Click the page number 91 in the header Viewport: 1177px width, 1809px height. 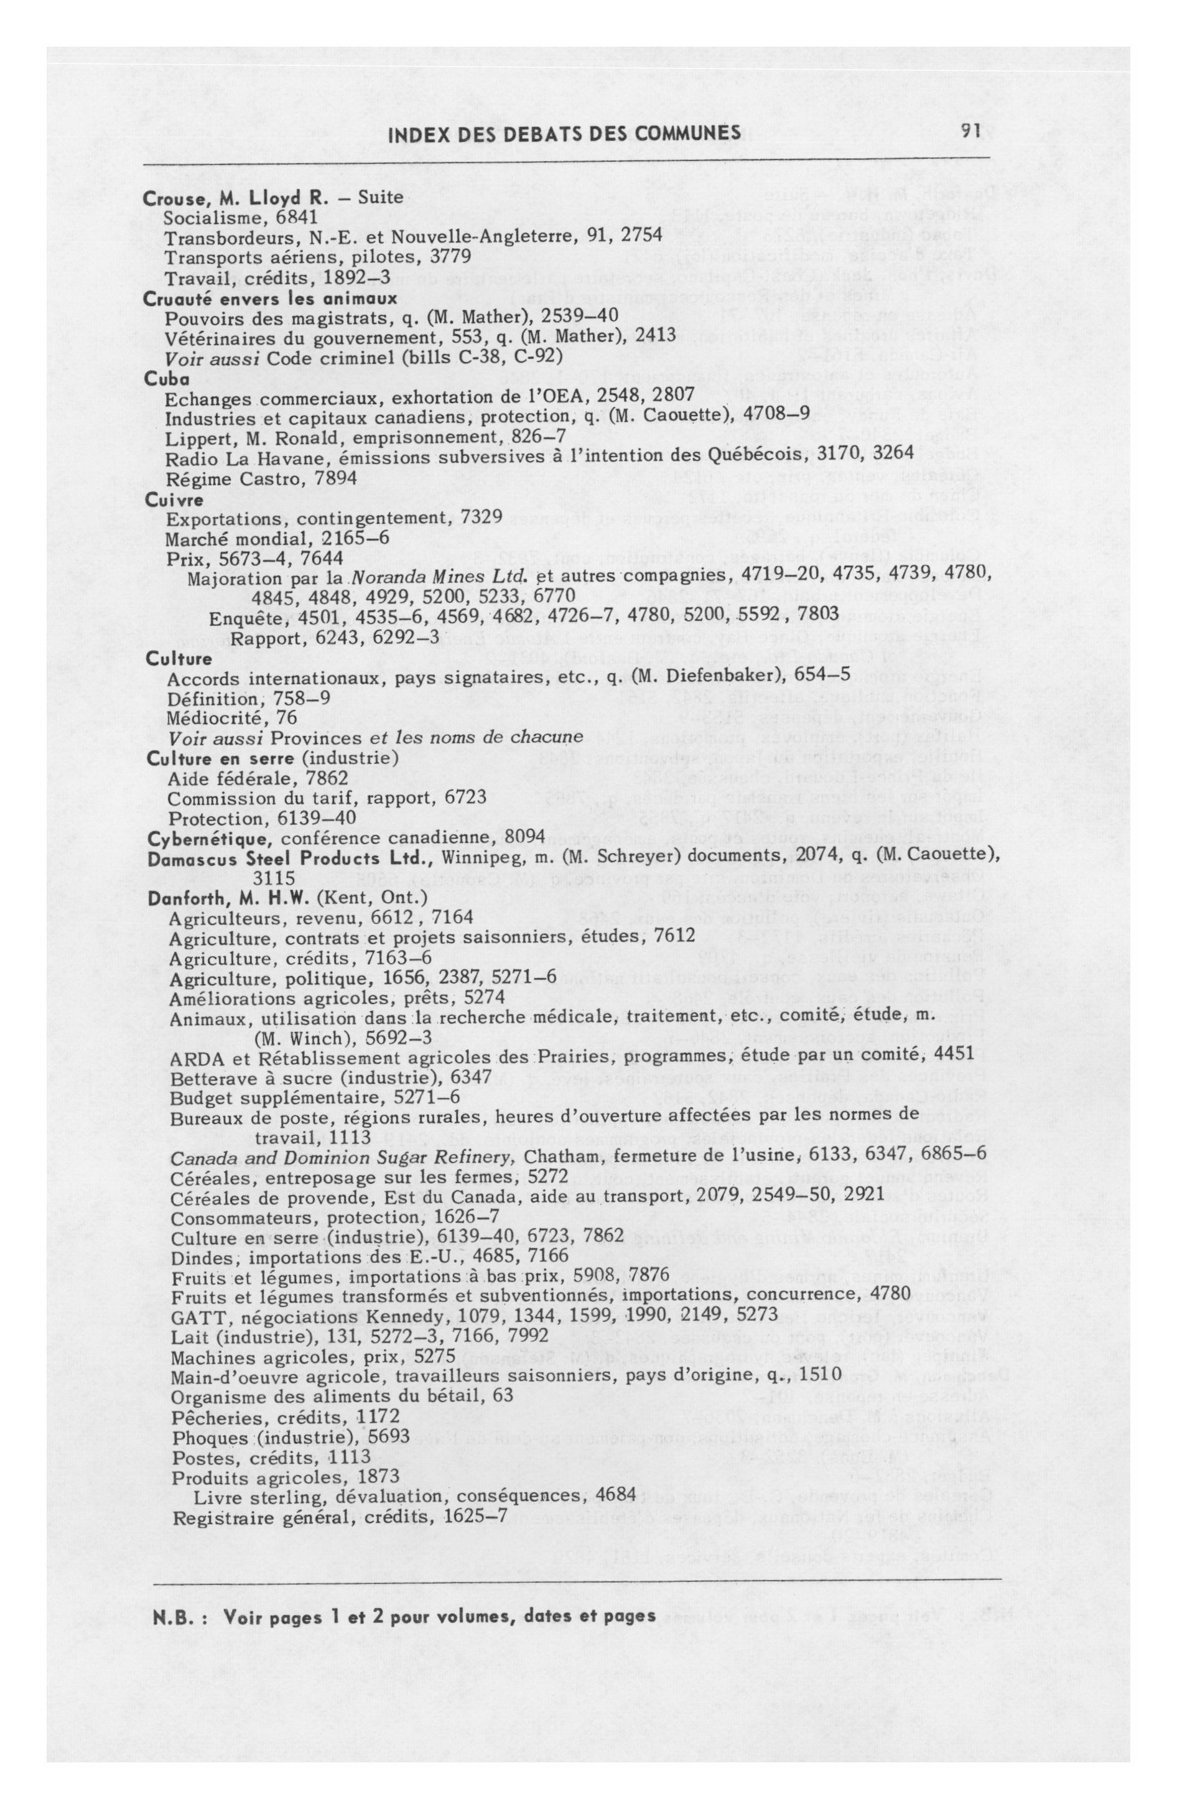(x=971, y=133)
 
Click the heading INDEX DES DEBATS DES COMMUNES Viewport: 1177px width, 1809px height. (x=564, y=134)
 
